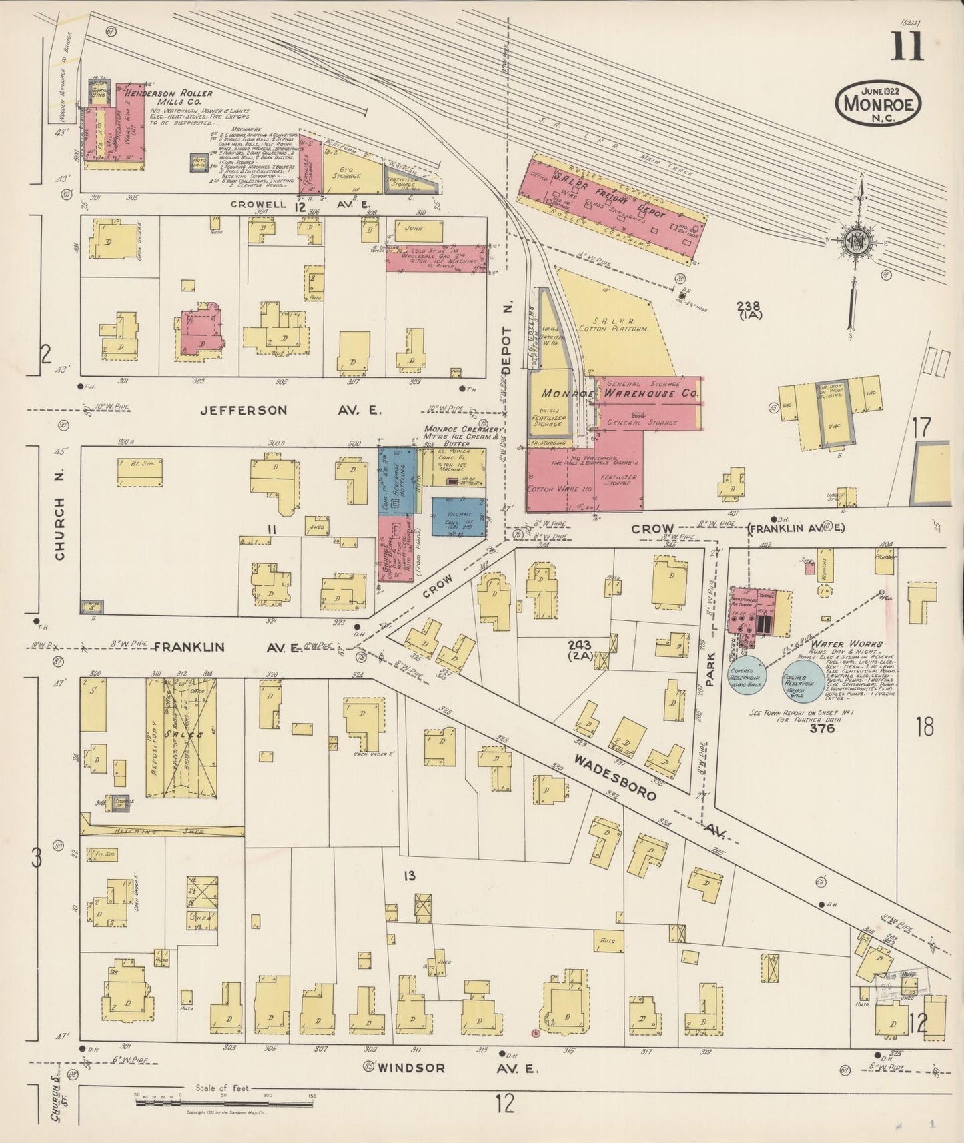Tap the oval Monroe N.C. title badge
pos(879,103)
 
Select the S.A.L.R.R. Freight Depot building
pos(617,207)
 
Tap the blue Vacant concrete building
pos(457,517)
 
